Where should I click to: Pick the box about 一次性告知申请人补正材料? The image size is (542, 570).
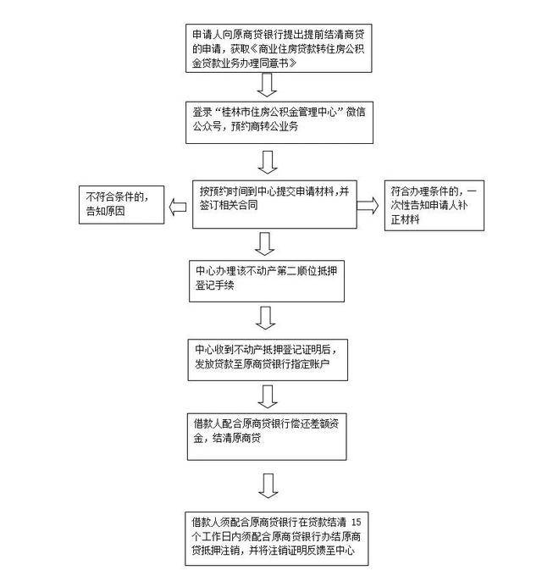[433, 205]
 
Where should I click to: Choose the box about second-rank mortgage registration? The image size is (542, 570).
[268, 279]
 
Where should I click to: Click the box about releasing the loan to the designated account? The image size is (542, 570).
[268, 357]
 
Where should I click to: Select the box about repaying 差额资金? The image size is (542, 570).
[268, 433]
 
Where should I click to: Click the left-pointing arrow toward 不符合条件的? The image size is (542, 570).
[176, 206]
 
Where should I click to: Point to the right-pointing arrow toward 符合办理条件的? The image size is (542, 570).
[368, 206]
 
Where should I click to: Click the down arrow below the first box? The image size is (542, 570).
[268, 84]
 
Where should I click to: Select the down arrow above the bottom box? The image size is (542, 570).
[268, 484]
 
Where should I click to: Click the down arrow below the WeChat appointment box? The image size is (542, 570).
[268, 162]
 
